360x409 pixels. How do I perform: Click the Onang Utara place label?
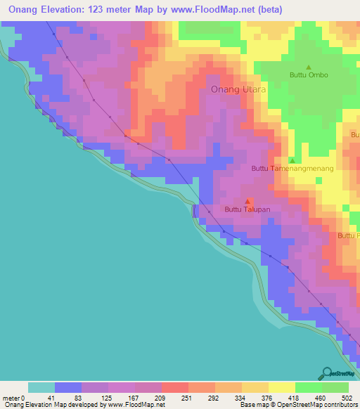(238, 89)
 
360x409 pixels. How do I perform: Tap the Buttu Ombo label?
(309, 75)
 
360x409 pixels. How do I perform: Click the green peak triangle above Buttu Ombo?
(308, 67)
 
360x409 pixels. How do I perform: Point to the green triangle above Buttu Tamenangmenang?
(292, 160)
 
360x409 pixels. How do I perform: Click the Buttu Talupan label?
(247, 209)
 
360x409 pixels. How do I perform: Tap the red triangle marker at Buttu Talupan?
(247, 201)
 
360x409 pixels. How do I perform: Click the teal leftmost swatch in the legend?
(41, 387)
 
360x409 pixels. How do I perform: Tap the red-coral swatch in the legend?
(174, 387)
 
